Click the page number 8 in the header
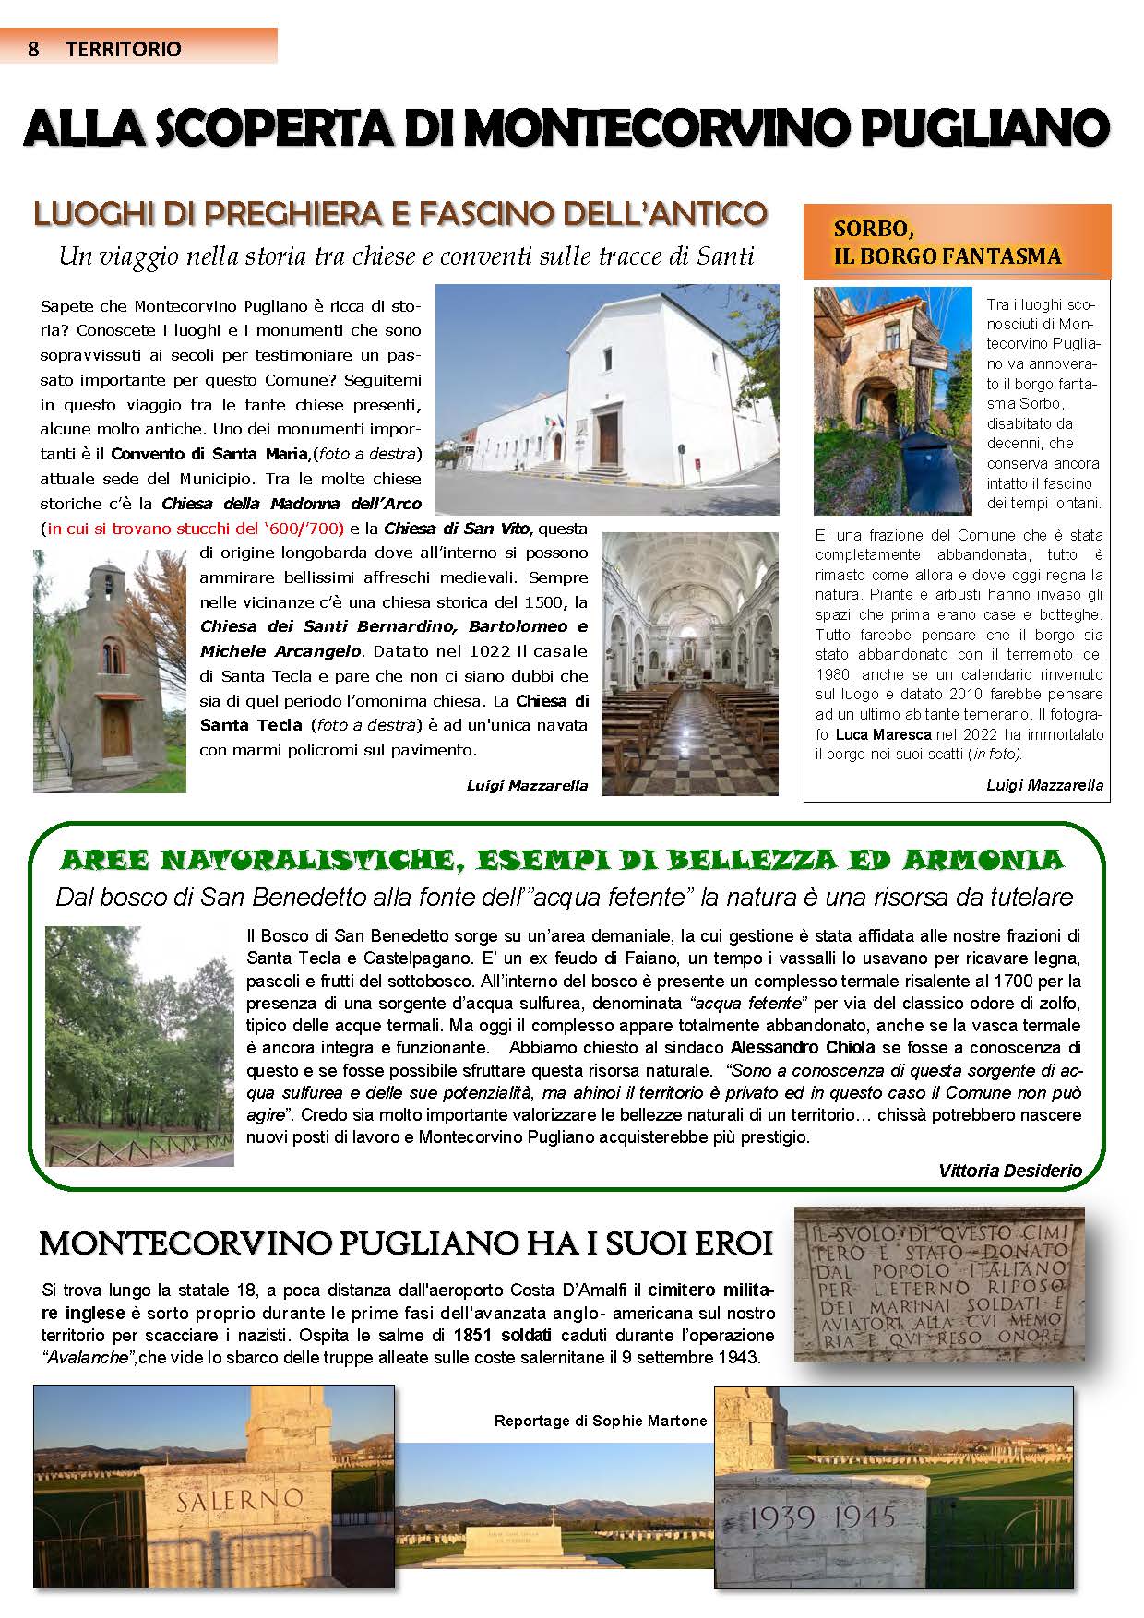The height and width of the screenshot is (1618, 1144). click(33, 49)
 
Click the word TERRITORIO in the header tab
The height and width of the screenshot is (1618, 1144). click(124, 49)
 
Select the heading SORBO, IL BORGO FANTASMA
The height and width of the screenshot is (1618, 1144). click(947, 242)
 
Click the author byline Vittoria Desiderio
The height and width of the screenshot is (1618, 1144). click(1009, 1171)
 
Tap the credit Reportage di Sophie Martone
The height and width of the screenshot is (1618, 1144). click(600, 1421)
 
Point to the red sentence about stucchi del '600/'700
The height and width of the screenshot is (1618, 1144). click(192, 529)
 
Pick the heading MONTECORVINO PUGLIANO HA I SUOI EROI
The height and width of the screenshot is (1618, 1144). click(406, 1243)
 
